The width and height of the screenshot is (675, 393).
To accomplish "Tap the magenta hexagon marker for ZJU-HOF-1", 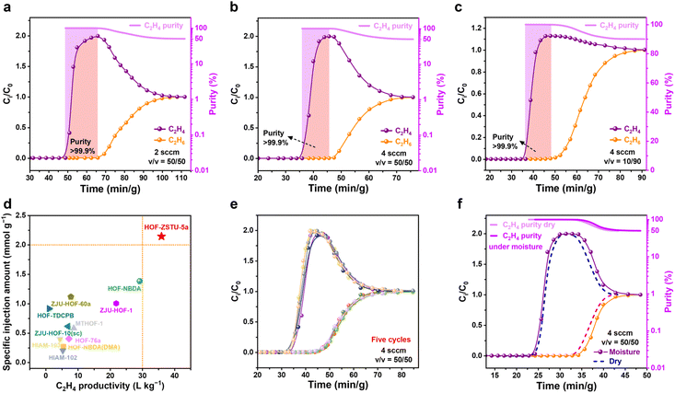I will [x=116, y=303].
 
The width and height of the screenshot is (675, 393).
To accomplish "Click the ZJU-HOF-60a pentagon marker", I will [x=71, y=298].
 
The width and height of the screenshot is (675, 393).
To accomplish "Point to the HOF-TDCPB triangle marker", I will [x=50, y=308].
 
